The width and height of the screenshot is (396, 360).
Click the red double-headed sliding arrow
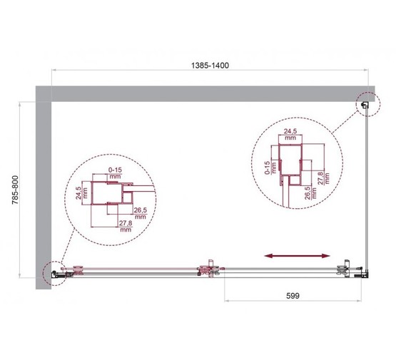297,254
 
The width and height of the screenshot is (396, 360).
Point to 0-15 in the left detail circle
115,172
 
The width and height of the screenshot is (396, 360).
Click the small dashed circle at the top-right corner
365,106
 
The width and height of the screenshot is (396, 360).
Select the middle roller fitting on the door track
208,269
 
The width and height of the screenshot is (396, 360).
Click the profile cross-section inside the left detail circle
114,195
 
